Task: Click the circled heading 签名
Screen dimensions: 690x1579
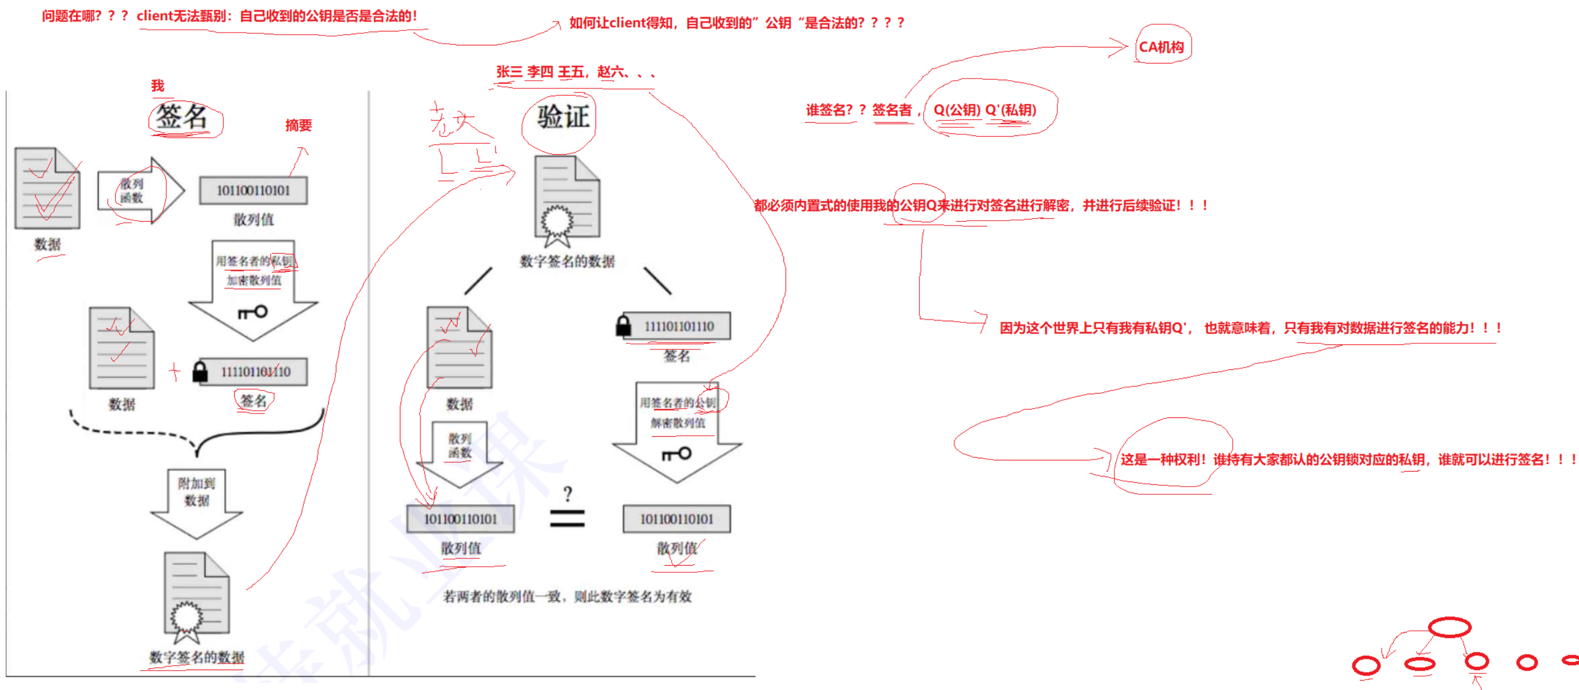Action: tap(182, 117)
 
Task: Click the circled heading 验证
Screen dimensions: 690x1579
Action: tap(562, 117)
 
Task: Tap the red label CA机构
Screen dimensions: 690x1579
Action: tap(1161, 47)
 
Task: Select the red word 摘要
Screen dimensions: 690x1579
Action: tap(298, 125)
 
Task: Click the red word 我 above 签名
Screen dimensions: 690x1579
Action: tap(157, 86)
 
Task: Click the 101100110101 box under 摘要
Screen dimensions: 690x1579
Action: tap(253, 191)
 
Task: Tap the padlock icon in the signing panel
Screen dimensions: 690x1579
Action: tap(200, 371)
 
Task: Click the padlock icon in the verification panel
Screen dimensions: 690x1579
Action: tap(623, 325)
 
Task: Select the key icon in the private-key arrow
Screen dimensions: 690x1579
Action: tap(253, 312)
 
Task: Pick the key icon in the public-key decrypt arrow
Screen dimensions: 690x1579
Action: tap(677, 454)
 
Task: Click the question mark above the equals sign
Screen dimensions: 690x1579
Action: tap(567, 494)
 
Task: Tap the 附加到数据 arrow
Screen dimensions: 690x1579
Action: tap(197, 500)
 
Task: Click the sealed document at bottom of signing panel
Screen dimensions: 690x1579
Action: tap(196, 595)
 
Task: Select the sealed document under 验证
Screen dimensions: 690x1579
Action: tap(566, 200)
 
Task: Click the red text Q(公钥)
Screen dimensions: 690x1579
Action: tap(956, 111)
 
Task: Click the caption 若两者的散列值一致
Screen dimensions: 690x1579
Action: tap(567, 596)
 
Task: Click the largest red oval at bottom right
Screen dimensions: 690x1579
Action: tap(1449, 627)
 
